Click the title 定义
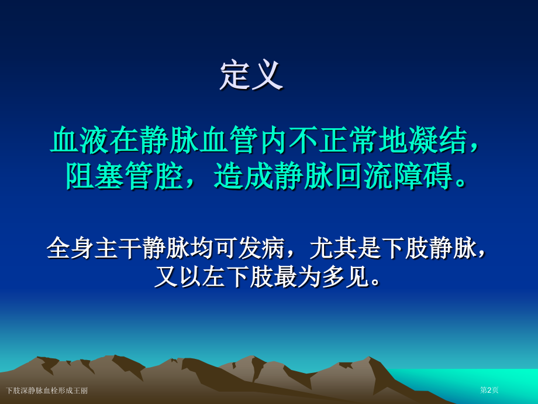251,76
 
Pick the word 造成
244,175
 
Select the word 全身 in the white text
70,248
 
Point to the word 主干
118,248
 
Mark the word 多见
346,277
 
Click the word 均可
214,248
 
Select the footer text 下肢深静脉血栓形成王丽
47,391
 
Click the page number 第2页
489,390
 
